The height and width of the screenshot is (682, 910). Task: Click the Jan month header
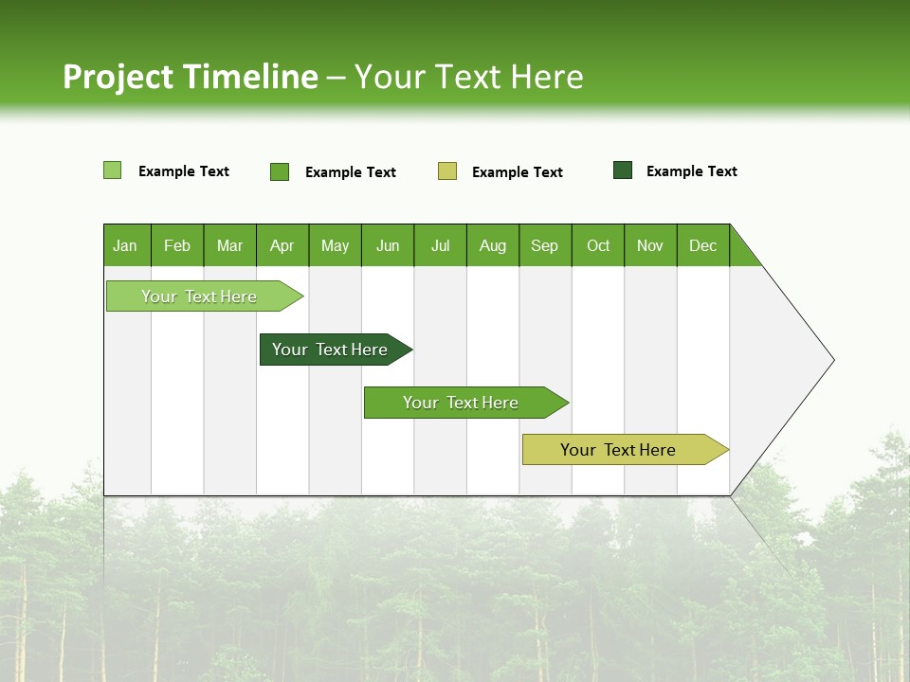(x=126, y=245)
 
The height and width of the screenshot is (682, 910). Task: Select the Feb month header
(x=177, y=245)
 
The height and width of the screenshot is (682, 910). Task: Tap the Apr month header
(x=282, y=245)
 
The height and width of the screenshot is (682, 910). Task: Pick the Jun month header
(x=388, y=245)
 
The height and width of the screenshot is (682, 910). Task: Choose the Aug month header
(x=493, y=245)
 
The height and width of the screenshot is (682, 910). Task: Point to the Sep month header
(x=545, y=245)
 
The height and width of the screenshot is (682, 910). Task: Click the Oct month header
(x=598, y=245)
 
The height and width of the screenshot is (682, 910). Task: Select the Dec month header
(x=703, y=245)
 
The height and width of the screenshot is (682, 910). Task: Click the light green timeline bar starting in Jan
(x=199, y=296)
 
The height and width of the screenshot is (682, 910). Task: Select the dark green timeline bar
(x=330, y=350)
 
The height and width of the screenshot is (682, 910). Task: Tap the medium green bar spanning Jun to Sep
(x=461, y=403)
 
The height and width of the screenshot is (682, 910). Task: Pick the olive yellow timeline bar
(x=618, y=450)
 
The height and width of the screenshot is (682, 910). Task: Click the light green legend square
(x=113, y=170)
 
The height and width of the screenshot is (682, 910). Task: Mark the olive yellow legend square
(x=447, y=171)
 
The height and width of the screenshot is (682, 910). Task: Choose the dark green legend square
(x=623, y=170)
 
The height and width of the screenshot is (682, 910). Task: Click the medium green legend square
(x=280, y=171)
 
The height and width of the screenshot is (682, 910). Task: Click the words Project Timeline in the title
(x=191, y=77)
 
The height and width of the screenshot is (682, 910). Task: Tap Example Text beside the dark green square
(x=691, y=171)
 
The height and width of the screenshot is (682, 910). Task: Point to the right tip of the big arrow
(x=831, y=360)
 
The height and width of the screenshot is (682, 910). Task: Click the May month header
(x=335, y=245)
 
